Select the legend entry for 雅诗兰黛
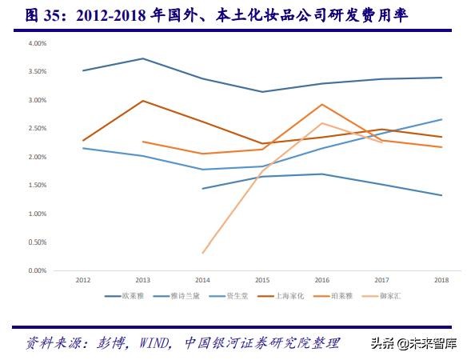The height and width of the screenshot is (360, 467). (186, 297)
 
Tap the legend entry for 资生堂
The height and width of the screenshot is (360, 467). (236, 297)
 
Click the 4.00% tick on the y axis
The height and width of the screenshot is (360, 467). (38, 43)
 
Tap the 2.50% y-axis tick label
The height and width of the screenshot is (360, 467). (38, 129)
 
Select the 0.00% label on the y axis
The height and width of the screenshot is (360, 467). (38, 271)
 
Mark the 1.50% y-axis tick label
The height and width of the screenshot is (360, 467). (38, 186)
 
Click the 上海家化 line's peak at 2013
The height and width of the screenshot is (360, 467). (142, 101)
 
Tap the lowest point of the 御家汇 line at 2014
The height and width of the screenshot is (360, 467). (202, 253)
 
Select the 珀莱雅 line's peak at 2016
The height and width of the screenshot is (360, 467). (321, 104)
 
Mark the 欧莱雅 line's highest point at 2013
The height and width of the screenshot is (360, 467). (142, 58)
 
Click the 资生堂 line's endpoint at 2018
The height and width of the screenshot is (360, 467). (441, 119)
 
